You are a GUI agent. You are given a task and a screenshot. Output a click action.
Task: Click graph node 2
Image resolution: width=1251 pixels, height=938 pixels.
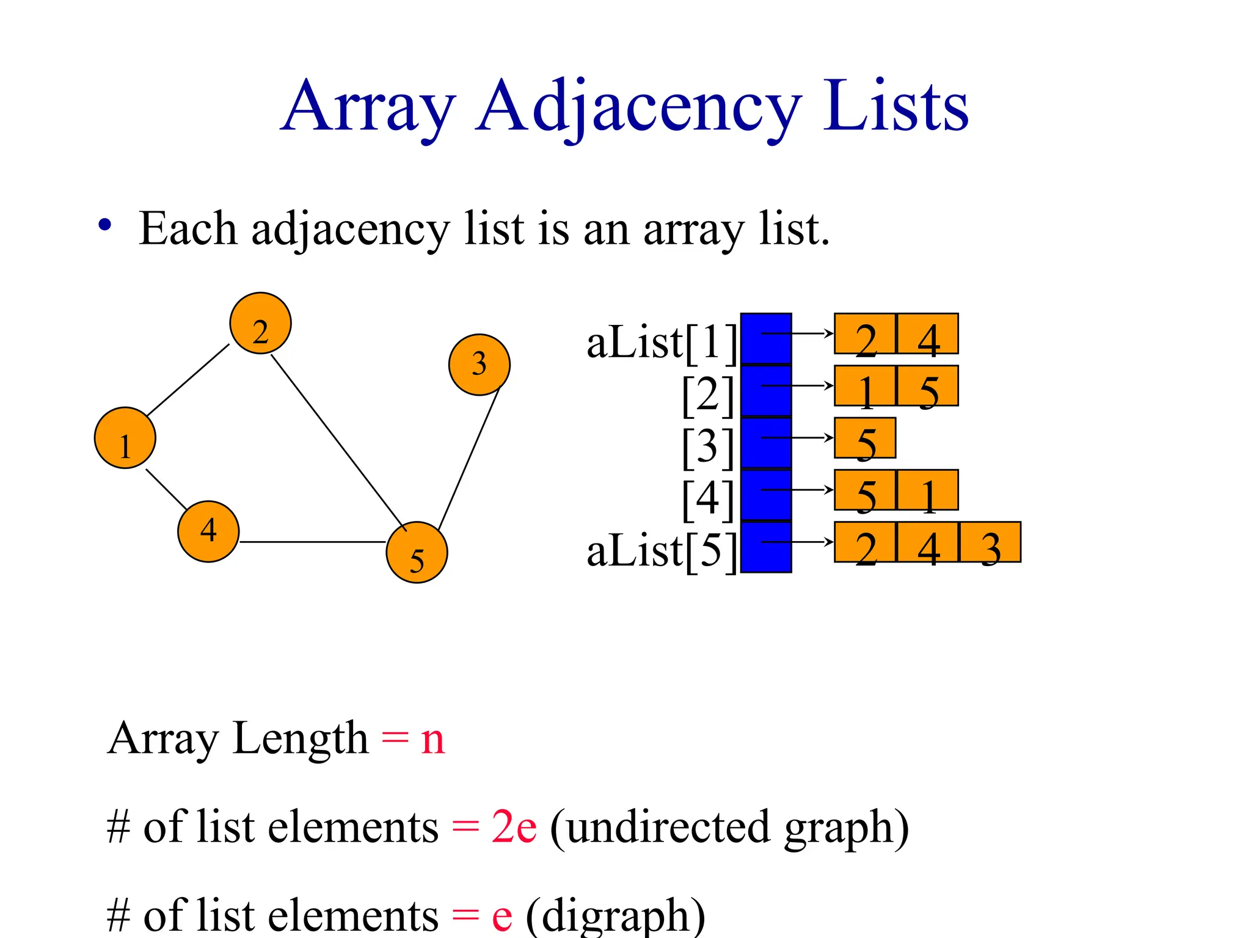tap(260, 323)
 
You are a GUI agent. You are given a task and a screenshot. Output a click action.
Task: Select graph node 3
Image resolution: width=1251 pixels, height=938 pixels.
tap(479, 365)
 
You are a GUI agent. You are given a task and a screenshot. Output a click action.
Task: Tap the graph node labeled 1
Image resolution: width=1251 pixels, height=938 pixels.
tap(125, 438)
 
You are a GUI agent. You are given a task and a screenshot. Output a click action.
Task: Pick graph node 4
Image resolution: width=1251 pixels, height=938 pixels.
tap(208, 531)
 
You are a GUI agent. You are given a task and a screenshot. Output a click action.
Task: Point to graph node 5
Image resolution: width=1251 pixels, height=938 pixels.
tap(417, 553)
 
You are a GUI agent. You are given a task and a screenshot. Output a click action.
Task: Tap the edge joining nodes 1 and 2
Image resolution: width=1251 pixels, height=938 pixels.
tap(188, 380)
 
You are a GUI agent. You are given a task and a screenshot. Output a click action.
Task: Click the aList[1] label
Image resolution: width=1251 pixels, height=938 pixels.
tap(662, 343)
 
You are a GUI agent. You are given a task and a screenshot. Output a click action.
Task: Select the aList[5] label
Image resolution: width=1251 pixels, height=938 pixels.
tap(662, 551)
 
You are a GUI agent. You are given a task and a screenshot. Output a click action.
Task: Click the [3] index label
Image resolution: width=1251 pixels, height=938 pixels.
tap(707, 447)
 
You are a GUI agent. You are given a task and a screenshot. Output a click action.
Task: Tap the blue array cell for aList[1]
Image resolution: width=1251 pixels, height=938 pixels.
tap(765, 339)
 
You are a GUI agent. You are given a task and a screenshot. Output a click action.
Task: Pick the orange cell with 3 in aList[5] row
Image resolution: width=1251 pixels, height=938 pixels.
tap(990, 542)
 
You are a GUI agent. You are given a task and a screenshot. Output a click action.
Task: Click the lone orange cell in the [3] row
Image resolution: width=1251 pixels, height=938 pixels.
tap(865, 438)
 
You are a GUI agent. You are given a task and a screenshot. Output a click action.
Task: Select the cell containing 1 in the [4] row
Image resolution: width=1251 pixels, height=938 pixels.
tap(927, 490)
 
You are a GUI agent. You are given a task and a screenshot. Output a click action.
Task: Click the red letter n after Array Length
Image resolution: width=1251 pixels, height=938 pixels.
tap(432, 740)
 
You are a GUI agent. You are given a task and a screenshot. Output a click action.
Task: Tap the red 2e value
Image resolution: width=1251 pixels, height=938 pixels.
tap(514, 827)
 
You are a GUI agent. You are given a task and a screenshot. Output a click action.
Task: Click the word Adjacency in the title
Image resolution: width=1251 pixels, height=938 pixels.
tap(638, 107)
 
